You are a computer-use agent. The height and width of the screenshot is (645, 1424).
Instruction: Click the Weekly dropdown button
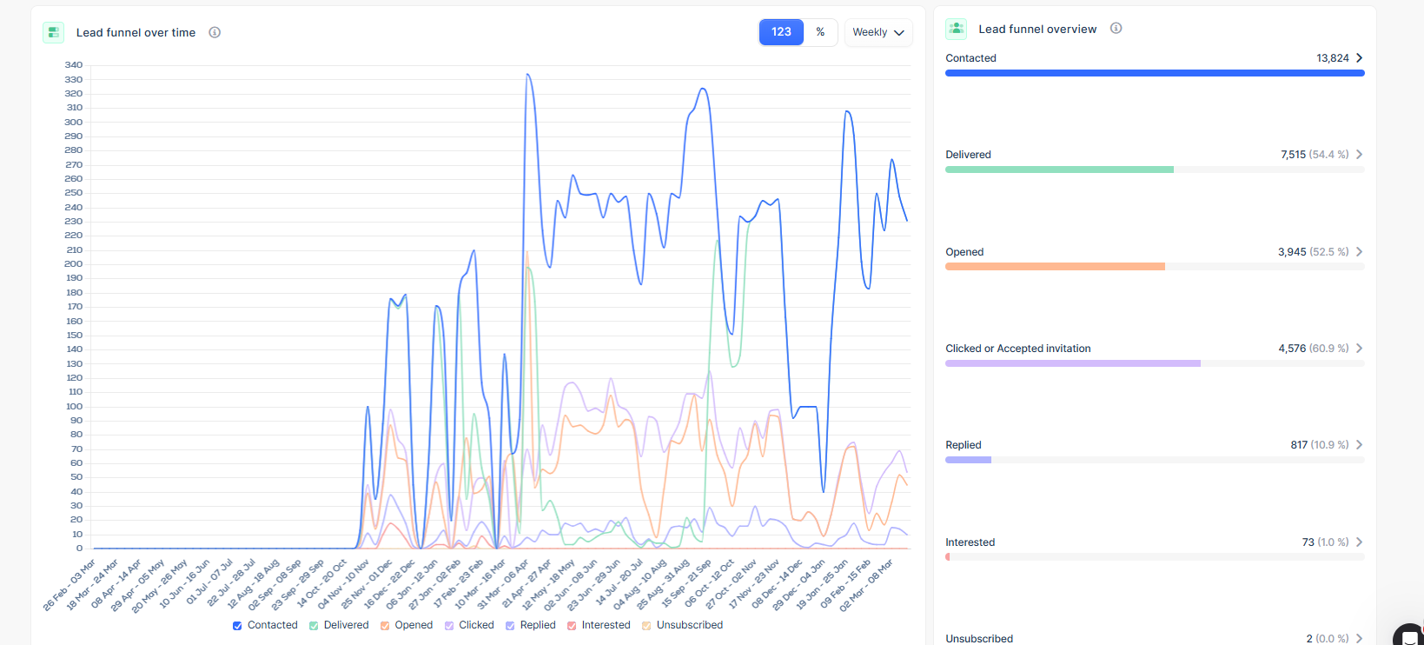point(878,32)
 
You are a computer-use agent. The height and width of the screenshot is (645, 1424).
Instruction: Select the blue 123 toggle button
point(781,32)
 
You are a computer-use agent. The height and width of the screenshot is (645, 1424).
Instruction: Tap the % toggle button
point(820,32)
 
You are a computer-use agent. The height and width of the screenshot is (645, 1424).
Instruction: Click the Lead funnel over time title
point(136,33)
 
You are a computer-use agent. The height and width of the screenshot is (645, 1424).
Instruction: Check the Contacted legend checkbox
point(237,626)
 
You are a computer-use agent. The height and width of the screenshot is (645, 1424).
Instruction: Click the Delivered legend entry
point(346,625)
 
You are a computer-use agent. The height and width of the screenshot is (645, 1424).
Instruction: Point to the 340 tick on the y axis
point(74,65)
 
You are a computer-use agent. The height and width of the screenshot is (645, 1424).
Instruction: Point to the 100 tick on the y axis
point(74,407)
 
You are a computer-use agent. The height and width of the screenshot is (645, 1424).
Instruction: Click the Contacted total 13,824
point(1332,58)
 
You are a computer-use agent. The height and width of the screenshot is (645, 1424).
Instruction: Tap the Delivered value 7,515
point(1293,155)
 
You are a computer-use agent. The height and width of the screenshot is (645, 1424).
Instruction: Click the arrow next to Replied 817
point(1360,445)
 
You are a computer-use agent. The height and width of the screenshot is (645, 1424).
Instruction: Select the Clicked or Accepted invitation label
point(1017,349)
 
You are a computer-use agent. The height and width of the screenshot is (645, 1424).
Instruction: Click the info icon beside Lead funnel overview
point(1116,29)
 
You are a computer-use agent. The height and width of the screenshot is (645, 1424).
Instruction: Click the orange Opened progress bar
point(1055,267)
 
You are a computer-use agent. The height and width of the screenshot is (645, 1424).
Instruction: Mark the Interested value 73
point(1308,542)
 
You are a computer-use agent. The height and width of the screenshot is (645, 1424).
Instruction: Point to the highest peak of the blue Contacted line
point(527,75)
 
